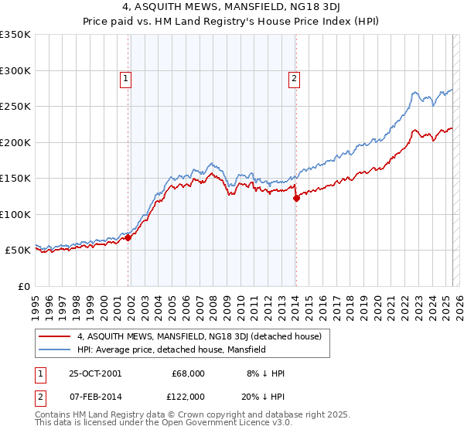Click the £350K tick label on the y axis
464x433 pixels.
click(15, 35)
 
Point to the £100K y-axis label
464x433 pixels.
click(15, 214)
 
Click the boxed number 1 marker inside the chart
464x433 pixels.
click(125, 77)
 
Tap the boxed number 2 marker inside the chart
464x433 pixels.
click(295, 77)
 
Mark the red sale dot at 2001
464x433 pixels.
click(128, 238)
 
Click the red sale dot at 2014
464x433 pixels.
click(296, 199)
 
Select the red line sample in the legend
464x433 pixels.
click(55, 336)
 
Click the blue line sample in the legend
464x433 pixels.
click(55, 349)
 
